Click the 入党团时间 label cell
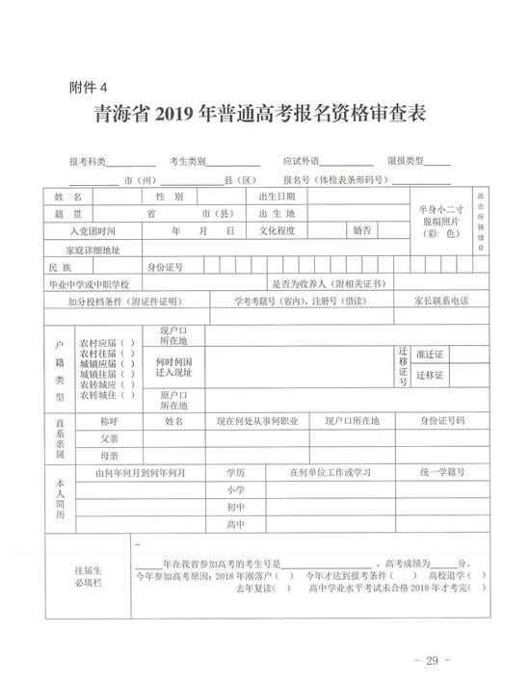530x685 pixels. (92, 231)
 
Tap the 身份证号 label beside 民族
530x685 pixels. (164, 266)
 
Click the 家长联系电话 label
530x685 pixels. (441, 301)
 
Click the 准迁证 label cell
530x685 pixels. (429, 354)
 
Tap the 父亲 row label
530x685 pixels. (109, 438)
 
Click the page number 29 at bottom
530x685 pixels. (425, 661)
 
